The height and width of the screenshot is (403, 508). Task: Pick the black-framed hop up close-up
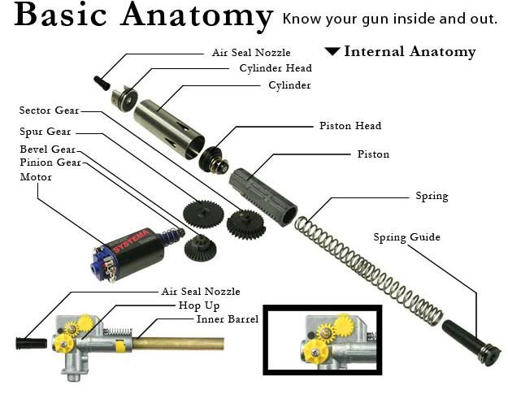click(322, 340)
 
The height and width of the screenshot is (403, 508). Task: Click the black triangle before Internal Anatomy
click(332, 51)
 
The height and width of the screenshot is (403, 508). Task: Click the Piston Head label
click(350, 126)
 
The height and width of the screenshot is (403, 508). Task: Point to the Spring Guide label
click(406, 237)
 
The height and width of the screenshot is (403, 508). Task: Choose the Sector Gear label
click(50, 110)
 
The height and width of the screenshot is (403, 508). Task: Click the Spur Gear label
click(46, 131)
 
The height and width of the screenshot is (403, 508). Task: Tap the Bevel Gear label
click(47, 149)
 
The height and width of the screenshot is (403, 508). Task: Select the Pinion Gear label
click(50, 162)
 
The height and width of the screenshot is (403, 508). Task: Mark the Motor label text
click(36, 176)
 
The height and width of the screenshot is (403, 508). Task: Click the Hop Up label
click(198, 305)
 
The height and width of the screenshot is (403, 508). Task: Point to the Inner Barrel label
click(227, 319)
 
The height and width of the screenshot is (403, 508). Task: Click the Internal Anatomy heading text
click(410, 51)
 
